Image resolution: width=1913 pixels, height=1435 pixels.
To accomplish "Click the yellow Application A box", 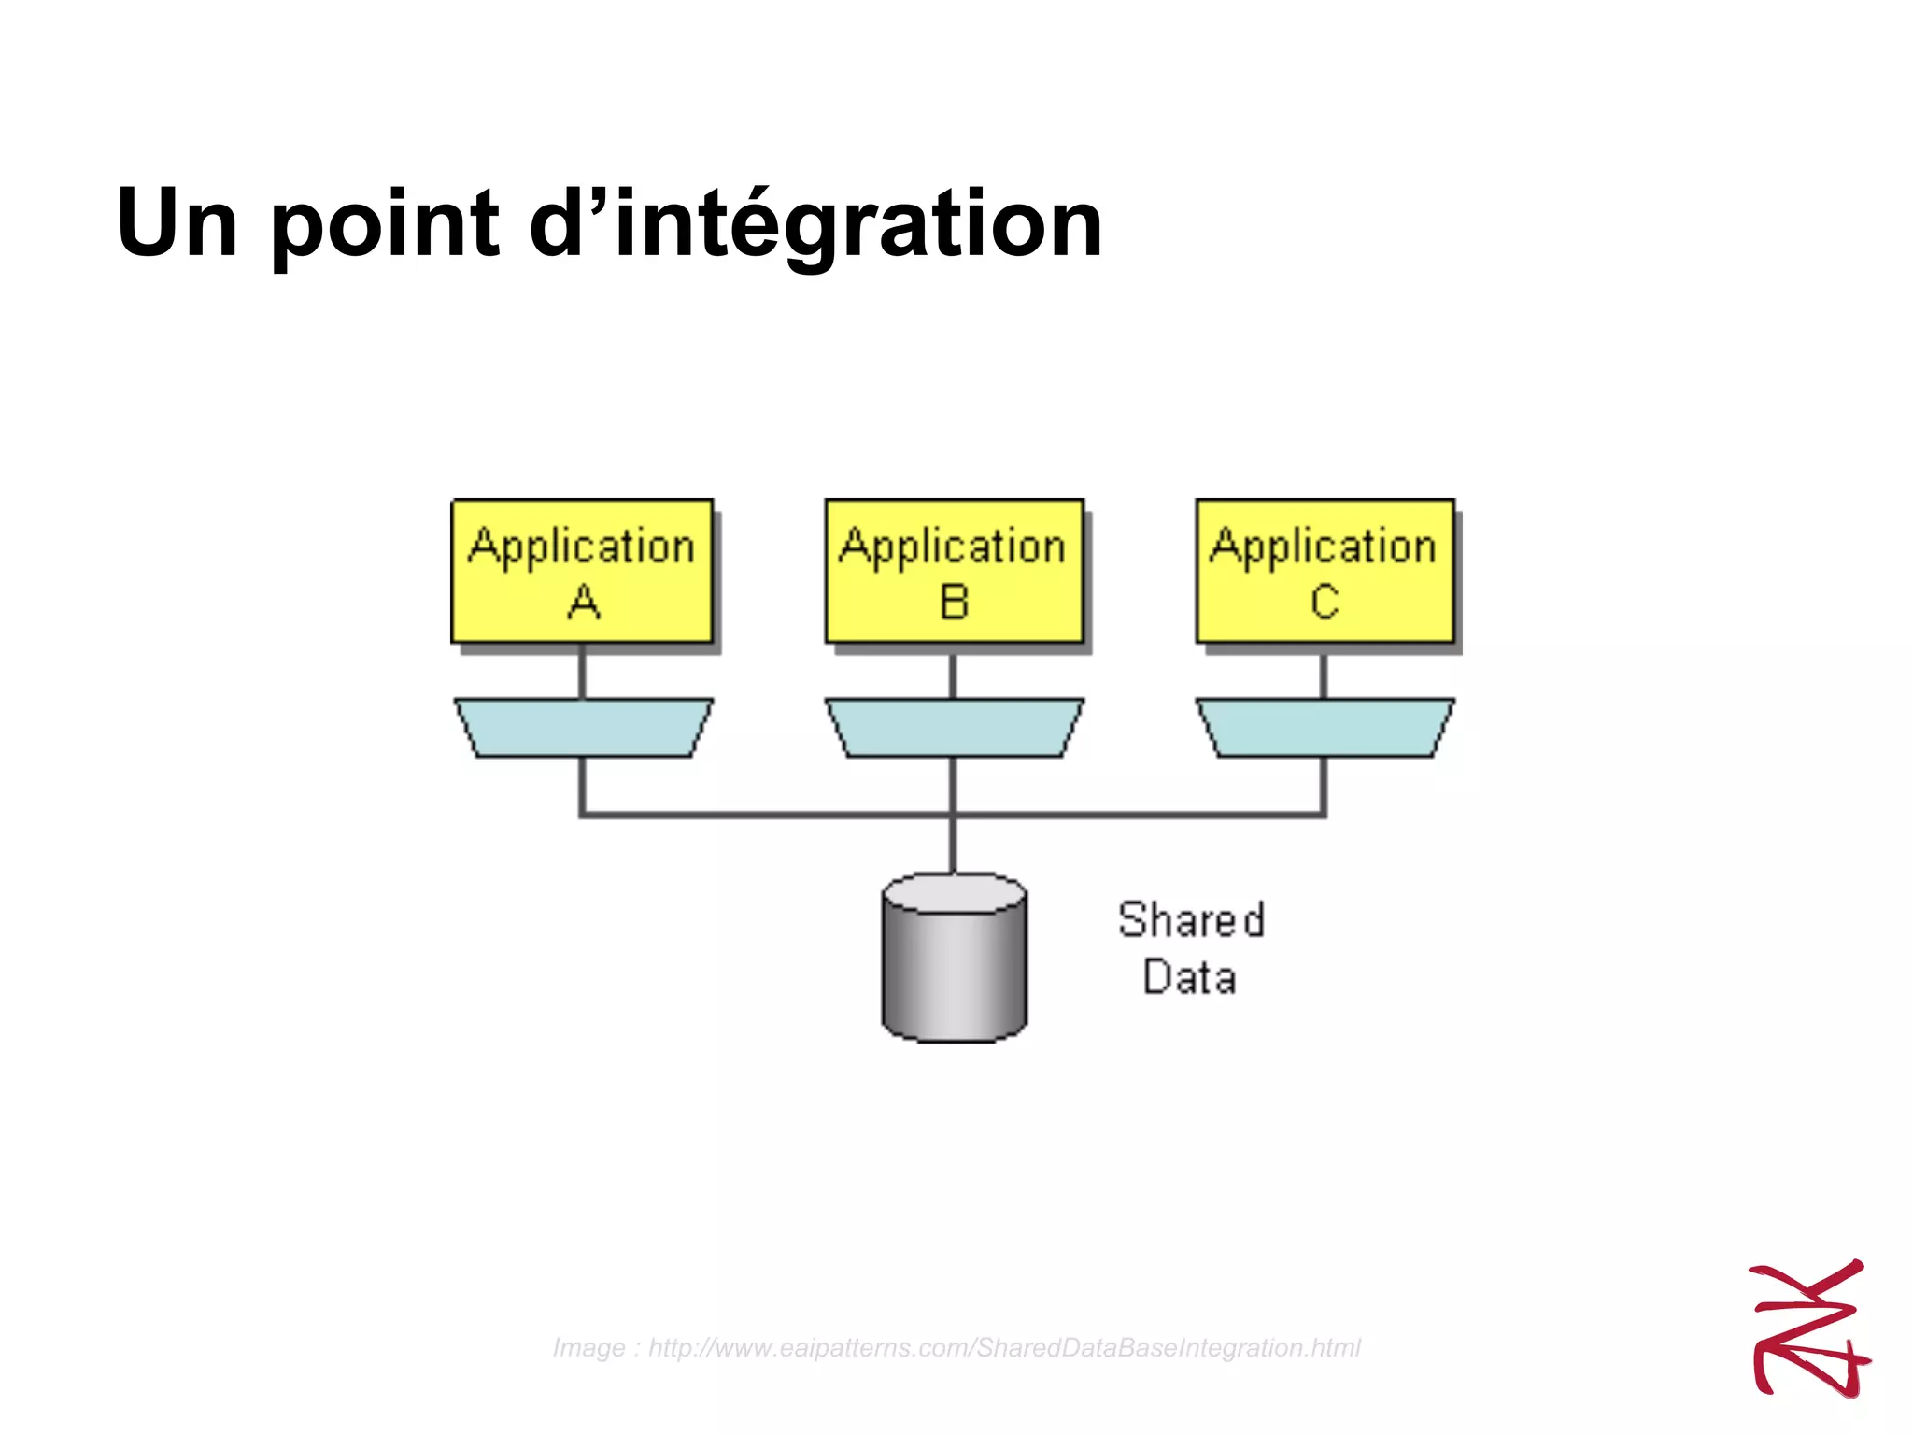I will tap(582, 571).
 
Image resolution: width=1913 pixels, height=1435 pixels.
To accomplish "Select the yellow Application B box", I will tap(954, 571).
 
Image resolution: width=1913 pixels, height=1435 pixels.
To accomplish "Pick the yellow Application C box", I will tap(1325, 571).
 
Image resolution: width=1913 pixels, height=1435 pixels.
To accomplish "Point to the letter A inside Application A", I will tap(584, 603).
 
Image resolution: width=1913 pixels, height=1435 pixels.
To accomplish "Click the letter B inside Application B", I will tap(954, 603).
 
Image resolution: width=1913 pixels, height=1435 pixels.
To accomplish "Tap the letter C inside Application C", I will tap(1325, 603).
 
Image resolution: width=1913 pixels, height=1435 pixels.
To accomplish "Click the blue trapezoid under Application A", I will tap(584, 727).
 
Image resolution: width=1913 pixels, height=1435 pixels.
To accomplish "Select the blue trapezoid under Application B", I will tap(954, 727).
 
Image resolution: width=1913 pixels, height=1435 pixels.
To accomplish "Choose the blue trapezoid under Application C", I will tap(1325, 727).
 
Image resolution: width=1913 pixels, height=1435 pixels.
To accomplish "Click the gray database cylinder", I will tap(954, 972).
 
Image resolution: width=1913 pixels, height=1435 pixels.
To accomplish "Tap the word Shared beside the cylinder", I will tap(1191, 920).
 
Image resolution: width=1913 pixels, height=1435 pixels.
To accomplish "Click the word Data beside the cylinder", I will tap(1189, 977).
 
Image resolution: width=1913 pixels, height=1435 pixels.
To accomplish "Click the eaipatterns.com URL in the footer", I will tap(1004, 1348).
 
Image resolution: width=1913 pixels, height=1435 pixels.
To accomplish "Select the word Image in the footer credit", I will tap(588, 1348).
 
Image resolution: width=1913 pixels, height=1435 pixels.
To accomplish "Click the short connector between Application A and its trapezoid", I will tap(582, 673).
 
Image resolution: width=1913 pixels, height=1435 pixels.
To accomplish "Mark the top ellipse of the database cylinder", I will tap(954, 893).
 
